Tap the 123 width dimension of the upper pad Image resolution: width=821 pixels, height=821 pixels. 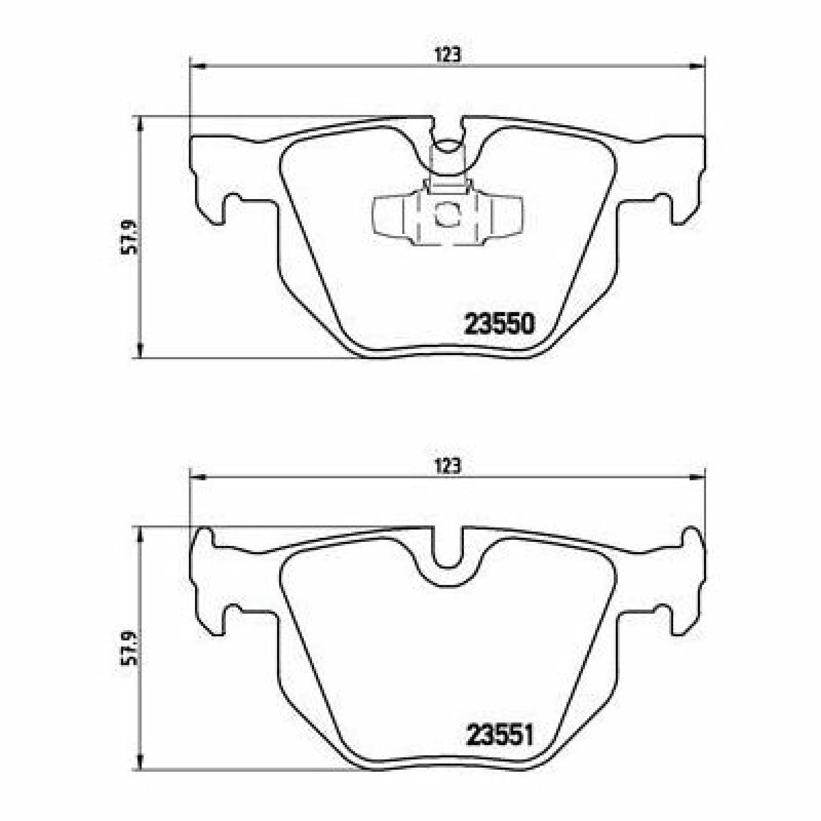coord(447,55)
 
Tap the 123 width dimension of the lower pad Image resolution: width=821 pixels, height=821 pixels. coord(447,467)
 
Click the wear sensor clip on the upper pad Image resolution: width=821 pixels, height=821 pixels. coord(448,204)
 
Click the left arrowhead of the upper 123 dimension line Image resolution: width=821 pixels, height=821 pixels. coord(197,66)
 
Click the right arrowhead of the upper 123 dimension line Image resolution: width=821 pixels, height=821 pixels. coord(697,66)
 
